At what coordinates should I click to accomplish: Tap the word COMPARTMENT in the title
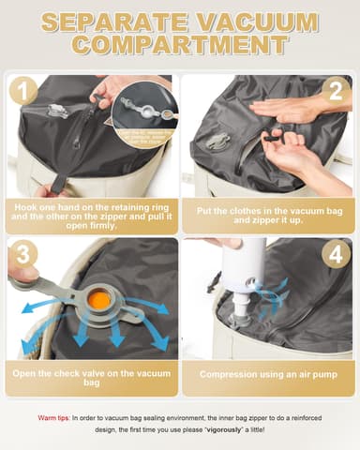tap(180, 46)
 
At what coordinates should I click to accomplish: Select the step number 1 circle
tap(23, 91)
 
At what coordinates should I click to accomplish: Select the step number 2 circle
tap(336, 91)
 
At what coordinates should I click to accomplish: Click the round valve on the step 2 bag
tap(218, 143)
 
